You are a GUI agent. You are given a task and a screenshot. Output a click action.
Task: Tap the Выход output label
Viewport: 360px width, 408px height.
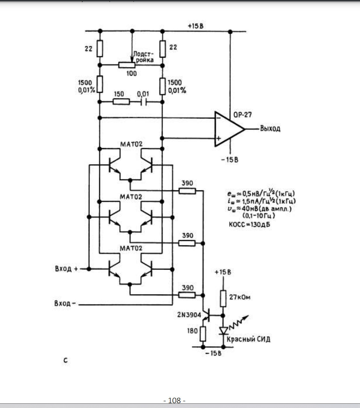point(270,128)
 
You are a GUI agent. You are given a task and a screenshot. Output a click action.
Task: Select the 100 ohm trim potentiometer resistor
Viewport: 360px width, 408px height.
point(127,65)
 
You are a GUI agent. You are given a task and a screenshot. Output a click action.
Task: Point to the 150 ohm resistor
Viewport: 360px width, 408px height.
point(121,102)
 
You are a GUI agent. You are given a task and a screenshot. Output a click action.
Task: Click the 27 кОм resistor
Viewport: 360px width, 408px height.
point(223,298)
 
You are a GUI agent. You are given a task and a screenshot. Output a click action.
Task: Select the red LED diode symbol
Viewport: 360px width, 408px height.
point(223,331)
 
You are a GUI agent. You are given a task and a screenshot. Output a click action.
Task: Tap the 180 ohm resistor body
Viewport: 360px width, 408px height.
point(203,334)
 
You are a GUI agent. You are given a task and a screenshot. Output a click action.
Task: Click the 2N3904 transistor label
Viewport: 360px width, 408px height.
point(189,315)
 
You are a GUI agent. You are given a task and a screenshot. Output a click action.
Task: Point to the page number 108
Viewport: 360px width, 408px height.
point(174,400)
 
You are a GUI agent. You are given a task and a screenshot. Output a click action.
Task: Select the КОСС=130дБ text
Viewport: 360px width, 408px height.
point(249,224)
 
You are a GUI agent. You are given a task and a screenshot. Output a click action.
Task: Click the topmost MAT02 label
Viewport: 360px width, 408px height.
point(131,144)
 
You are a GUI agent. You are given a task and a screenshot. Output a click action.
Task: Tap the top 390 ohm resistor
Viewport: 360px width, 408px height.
point(187,191)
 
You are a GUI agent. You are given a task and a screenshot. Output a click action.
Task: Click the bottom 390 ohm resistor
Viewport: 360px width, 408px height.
point(187,295)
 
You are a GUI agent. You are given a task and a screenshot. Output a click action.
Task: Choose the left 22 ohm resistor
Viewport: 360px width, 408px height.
point(100,48)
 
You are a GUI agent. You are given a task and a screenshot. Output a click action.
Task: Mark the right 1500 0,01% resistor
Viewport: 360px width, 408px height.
point(162,86)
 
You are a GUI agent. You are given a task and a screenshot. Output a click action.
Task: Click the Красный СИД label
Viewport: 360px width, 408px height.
point(248,339)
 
